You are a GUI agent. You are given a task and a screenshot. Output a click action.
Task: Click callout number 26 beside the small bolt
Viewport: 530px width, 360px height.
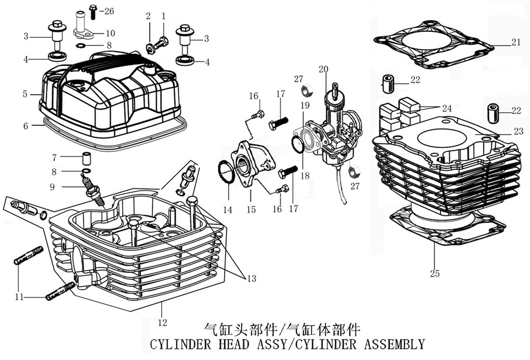pyautogui.click(x=109, y=11)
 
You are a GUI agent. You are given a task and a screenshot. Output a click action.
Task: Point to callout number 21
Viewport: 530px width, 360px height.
pyautogui.click(x=516, y=43)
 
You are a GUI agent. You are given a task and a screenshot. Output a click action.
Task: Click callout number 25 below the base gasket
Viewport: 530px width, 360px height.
pyautogui.click(x=435, y=272)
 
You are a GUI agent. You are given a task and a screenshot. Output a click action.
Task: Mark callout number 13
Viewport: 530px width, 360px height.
pyautogui.click(x=251, y=279)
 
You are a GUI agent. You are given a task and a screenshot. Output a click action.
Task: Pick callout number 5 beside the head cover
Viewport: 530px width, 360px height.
pyautogui.click(x=25, y=94)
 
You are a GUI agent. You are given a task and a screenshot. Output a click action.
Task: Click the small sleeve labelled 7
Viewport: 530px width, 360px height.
pyautogui.click(x=86, y=159)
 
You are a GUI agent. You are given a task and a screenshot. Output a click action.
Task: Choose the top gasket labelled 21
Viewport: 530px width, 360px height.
pyautogui.click(x=433, y=44)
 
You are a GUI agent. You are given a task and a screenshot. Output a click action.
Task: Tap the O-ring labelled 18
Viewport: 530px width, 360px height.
pyautogui.click(x=297, y=145)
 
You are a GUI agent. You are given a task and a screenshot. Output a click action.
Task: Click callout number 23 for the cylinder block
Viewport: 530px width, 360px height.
pyautogui.click(x=519, y=132)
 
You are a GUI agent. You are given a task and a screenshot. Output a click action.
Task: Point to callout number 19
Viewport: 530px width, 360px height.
pyautogui.click(x=305, y=104)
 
